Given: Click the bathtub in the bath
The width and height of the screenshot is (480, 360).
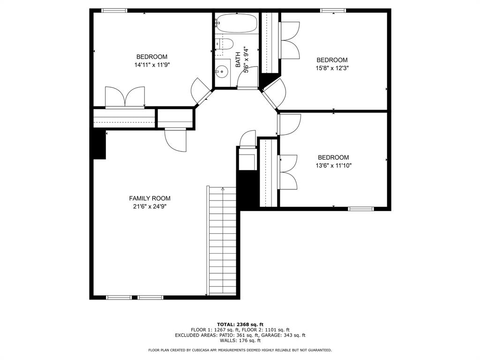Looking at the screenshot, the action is [237, 23].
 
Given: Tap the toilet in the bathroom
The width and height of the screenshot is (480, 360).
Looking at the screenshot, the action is [225, 44].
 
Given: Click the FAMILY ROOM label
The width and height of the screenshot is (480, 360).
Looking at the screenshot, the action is [150, 198].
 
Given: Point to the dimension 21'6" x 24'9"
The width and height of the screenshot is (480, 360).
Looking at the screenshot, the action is [150, 207].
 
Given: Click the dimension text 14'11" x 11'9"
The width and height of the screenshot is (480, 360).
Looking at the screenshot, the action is [152, 65].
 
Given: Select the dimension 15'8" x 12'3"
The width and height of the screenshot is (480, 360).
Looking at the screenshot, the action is [332, 68].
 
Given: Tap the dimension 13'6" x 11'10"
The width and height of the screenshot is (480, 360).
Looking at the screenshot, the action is [333, 165].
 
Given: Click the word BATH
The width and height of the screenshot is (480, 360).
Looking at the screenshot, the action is [238, 60].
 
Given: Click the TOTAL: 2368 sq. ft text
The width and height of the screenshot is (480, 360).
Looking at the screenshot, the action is [240, 324].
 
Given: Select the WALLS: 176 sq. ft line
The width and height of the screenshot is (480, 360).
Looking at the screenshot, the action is [240, 340].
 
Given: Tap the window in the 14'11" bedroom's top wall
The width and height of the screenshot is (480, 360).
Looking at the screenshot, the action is [114, 11].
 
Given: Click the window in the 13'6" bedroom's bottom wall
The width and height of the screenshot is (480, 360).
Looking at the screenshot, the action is [361, 209].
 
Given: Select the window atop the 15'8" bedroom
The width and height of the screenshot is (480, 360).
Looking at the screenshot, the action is [333, 11].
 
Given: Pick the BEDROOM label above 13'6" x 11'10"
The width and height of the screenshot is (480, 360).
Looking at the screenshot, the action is [333, 157].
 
